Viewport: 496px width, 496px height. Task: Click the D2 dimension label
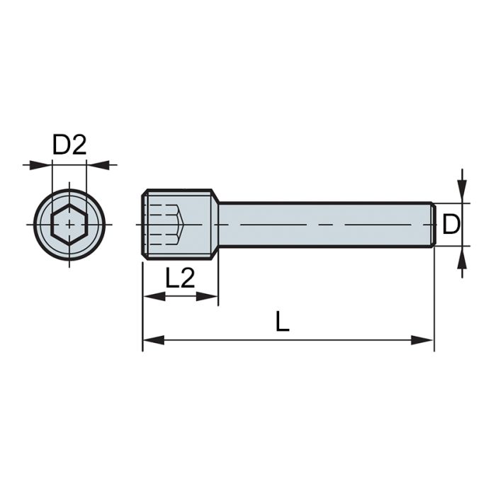coord(69,145)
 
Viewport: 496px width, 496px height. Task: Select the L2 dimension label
coord(180,278)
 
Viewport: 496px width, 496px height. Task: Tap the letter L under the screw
coord(283,322)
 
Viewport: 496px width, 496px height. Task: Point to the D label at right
coord(451,225)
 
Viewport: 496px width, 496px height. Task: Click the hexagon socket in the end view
coord(69,225)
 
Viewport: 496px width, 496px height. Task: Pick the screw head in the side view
coord(180,224)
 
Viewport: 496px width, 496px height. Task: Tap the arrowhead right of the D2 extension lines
coord(95,164)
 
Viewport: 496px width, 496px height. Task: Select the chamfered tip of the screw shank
coord(432,225)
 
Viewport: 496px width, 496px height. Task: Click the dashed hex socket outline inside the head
coord(167,224)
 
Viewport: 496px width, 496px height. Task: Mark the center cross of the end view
coord(69,225)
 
